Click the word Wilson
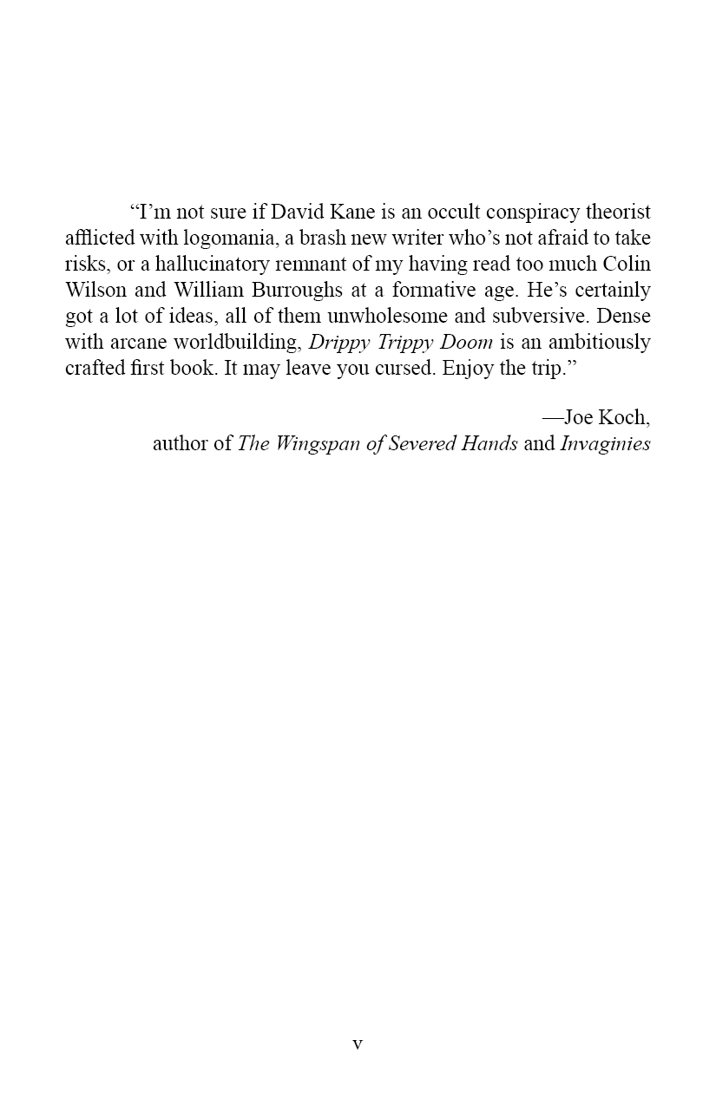tap(95, 290)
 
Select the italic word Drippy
tap(340, 342)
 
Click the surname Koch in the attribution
tap(624, 417)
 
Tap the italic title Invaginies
tap(605, 444)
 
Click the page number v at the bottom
tap(358, 1044)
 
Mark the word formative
tap(422, 290)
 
